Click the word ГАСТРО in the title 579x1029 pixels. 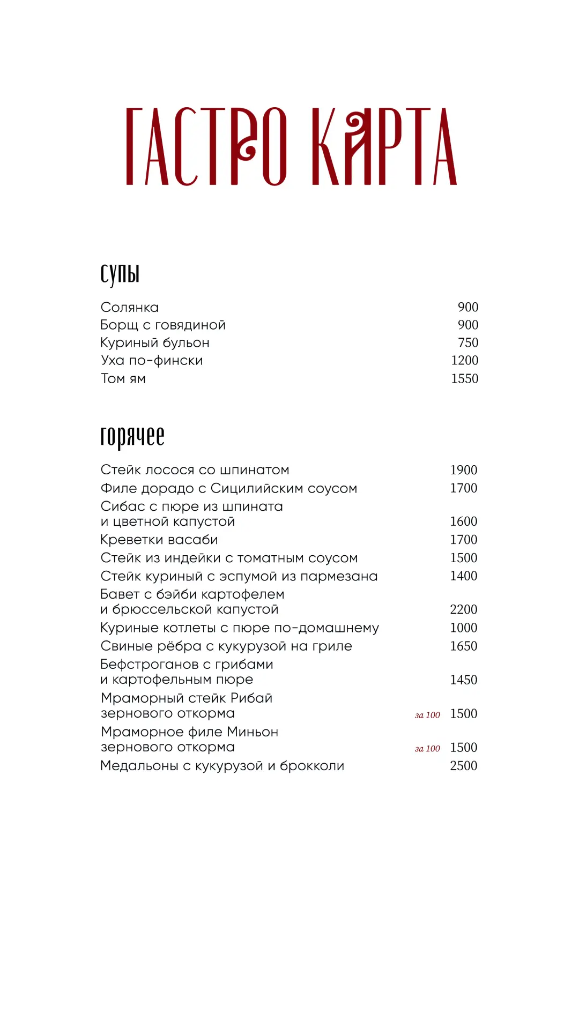click(x=206, y=146)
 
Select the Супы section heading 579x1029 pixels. click(x=120, y=274)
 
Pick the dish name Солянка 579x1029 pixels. click(x=130, y=308)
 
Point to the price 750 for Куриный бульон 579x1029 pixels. click(x=468, y=343)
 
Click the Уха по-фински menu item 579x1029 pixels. click(x=152, y=361)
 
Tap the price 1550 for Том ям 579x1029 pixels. click(x=464, y=379)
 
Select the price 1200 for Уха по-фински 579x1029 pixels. click(x=464, y=361)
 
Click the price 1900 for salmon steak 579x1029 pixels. click(x=463, y=470)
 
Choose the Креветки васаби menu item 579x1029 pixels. click(x=159, y=540)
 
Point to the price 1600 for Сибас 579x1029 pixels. click(x=463, y=521)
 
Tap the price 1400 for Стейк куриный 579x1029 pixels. click(x=463, y=576)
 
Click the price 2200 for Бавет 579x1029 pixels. click(x=463, y=609)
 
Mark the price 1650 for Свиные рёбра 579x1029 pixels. click(x=463, y=646)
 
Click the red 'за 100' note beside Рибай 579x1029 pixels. click(x=427, y=715)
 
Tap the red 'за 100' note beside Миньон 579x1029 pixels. click(x=427, y=749)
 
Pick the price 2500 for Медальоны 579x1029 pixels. click(x=463, y=766)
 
